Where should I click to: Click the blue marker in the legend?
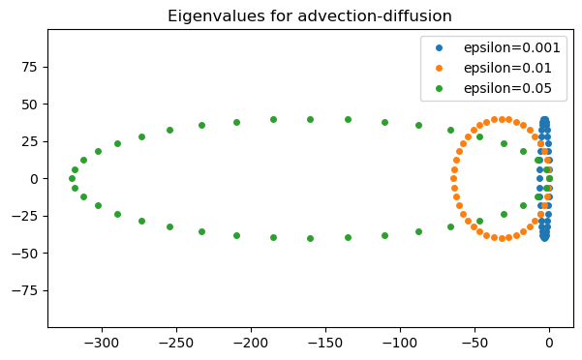point(435,47)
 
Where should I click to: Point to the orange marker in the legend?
point(435,68)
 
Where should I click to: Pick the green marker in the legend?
point(435,88)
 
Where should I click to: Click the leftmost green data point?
point(72,178)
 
